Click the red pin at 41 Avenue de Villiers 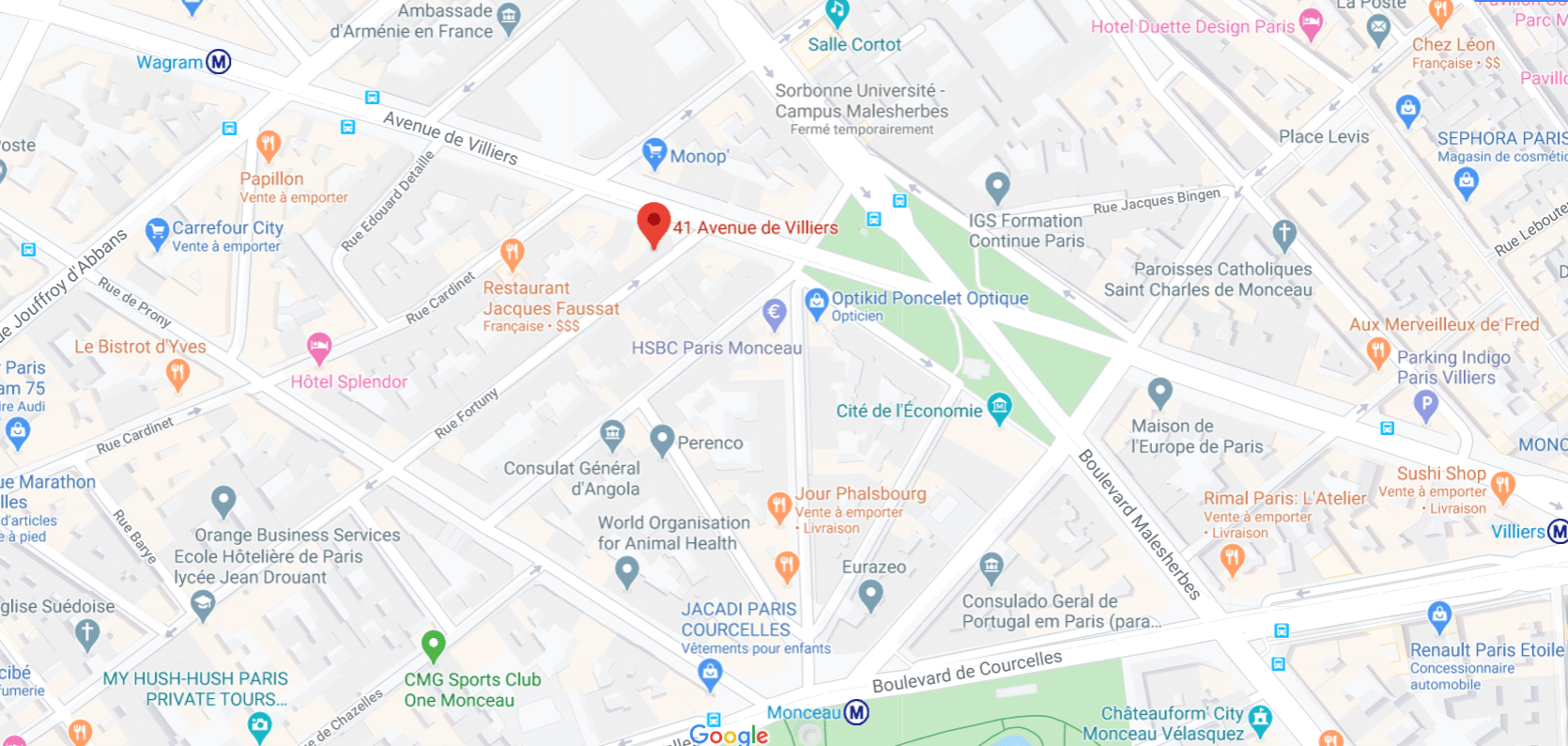click(653, 224)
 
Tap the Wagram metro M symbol click(219, 62)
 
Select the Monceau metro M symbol click(855, 713)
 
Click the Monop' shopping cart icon click(653, 152)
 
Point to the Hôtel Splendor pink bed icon click(319, 348)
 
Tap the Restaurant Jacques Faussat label click(551, 299)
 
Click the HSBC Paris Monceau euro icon click(774, 314)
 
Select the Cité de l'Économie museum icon click(1000, 407)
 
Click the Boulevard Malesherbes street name click(1139, 523)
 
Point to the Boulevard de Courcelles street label click(967, 671)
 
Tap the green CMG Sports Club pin click(433, 645)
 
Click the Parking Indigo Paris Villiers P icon click(1425, 405)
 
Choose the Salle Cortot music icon click(837, 11)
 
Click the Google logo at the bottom click(729, 735)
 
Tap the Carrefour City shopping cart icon click(157, 232)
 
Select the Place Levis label click(1323, 137)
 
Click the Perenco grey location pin click(662, 439)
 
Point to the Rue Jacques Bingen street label click(1156, 200)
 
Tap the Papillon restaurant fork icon click(268, 145)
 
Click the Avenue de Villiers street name click(451, 137)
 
